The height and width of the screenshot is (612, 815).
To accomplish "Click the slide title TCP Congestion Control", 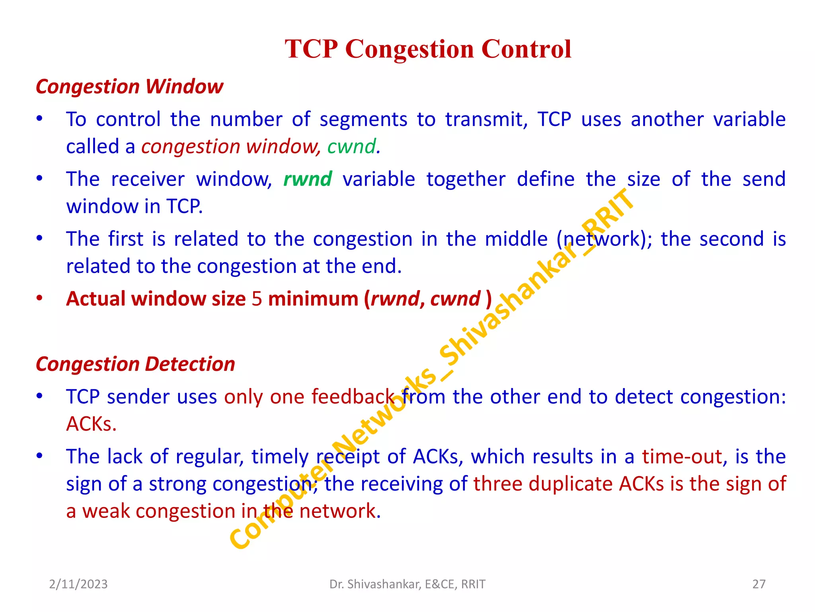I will coord(428,49).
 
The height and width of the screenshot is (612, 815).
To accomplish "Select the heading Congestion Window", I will coord(129,86).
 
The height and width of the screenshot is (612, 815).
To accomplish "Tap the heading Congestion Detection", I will coord(135,364).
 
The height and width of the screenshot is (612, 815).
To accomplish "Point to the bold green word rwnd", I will coord(308,179).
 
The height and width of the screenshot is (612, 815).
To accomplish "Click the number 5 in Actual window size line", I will coord(257,299).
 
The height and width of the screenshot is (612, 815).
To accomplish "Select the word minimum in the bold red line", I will coord(313,299).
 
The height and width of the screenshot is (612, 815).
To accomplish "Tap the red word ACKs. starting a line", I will coord(91,424).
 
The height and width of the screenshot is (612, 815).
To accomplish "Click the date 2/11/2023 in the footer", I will coord(78,584).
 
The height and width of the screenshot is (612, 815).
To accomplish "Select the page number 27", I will coord(758,584).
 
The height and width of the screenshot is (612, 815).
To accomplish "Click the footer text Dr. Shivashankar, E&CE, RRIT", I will coord(407,584).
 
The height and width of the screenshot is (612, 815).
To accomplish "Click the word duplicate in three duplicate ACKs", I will coord(570,484).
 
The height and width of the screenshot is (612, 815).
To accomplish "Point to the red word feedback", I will coord(353,397).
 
